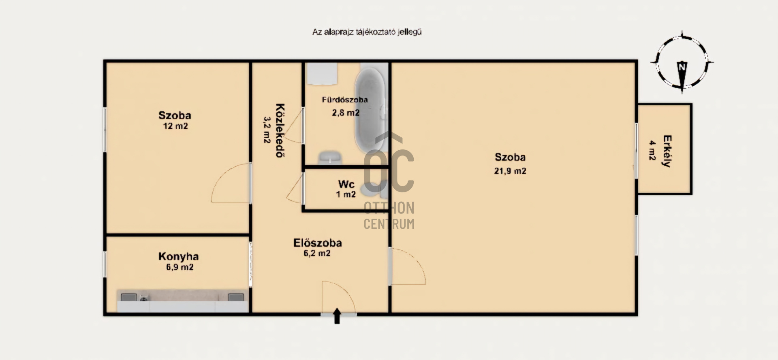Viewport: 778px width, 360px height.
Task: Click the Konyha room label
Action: [178, 256]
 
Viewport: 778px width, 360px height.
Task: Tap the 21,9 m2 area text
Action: [510, 171]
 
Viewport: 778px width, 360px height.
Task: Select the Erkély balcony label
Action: [667, 151]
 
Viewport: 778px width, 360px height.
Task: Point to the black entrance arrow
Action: [337, 316]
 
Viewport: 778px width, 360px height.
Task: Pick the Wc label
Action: [346, 184]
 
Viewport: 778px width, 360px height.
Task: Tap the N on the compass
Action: [682, 67]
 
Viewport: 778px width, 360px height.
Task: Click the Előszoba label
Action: [318, 243]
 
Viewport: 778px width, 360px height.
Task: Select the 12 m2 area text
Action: [175, 126]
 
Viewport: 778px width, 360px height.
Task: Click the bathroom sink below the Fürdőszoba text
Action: [330, 157]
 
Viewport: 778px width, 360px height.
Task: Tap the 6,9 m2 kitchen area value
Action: [180, 267]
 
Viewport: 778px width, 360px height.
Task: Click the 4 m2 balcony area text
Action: [652, 150]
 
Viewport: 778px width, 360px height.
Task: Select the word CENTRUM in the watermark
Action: [389, 224]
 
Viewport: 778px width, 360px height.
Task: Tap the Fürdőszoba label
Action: [345, 100]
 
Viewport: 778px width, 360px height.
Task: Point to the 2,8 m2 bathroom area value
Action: [346, 113]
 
